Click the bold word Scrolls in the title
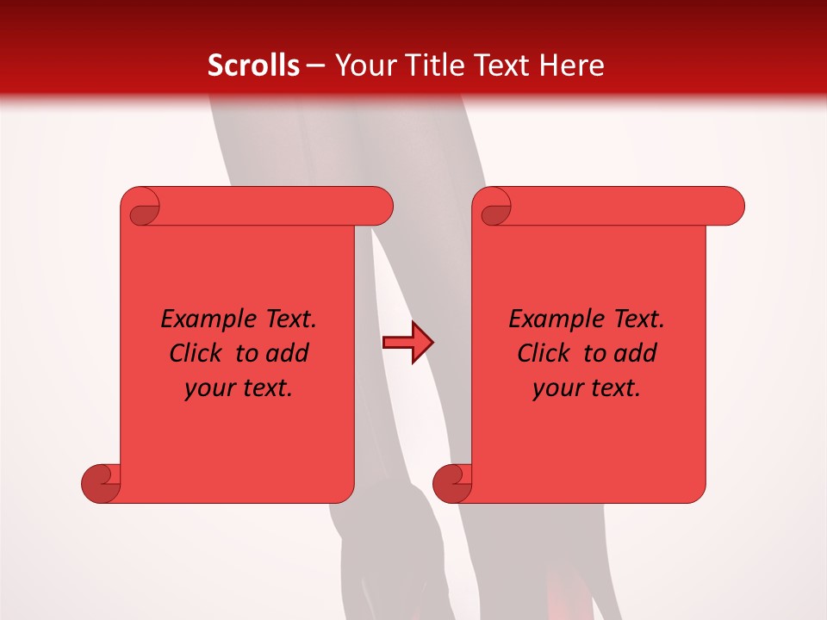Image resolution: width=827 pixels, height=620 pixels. click(254, 65)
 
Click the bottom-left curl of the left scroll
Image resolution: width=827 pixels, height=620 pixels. click(102, 482)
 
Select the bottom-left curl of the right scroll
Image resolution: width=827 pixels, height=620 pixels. click(452, 482)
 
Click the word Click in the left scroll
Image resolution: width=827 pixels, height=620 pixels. click(197, 353)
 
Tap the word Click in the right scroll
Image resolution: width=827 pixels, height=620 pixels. click(544, 353)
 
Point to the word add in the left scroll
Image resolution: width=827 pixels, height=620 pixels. click(288, 353)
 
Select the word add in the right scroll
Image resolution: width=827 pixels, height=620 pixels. click(636, 353)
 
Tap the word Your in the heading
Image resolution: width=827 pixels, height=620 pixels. click(361, 65)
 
